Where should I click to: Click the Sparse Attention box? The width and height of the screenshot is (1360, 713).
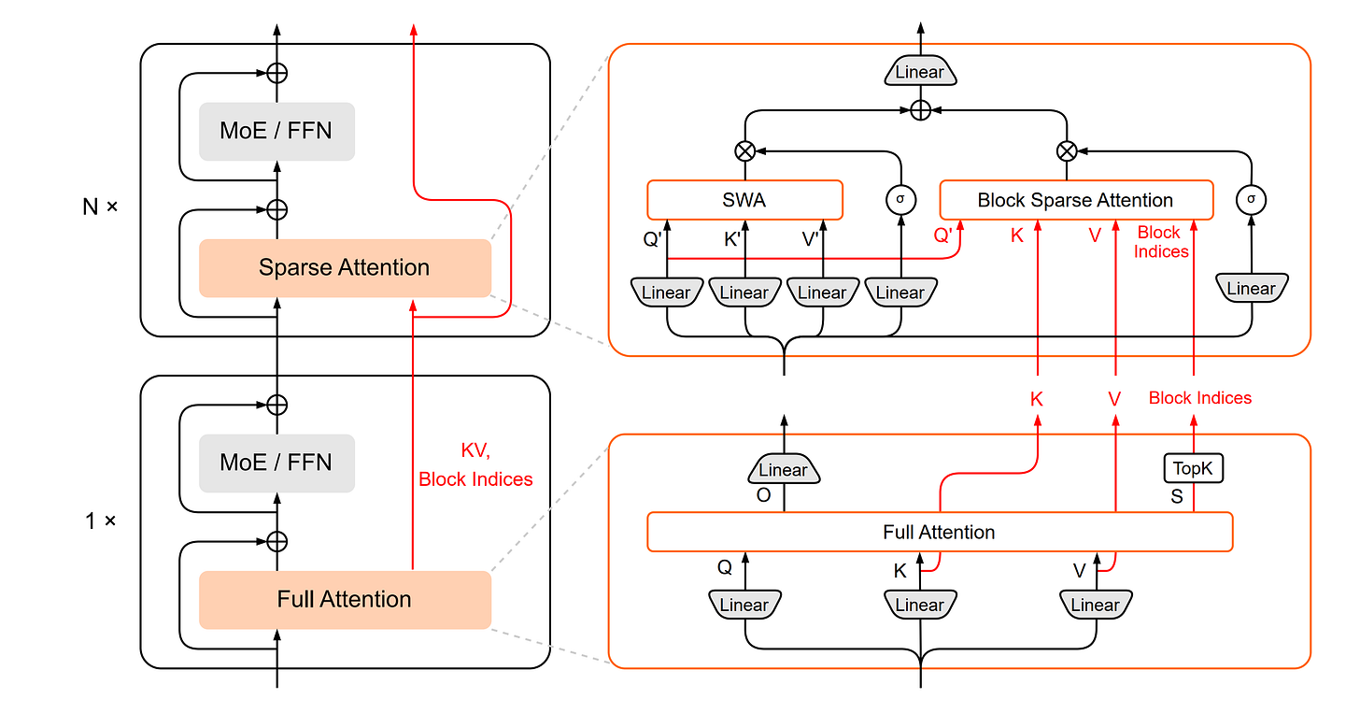pos(345,268)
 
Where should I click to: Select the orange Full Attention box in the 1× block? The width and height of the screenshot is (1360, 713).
pos(345,599)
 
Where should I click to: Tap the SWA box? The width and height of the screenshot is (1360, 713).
pos(744,200)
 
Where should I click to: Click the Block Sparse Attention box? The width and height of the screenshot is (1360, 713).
pos(1075,200)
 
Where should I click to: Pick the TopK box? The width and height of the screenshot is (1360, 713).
pos(1194,468)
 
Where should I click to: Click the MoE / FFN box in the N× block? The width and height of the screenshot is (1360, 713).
pos(276,131)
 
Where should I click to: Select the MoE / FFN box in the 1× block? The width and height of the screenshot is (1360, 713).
pos(276,463)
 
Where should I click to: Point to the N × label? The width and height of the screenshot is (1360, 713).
pos(100,207)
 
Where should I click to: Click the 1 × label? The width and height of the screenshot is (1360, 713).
pos(100,521)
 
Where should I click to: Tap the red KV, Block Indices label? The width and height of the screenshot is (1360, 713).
pos(475,465)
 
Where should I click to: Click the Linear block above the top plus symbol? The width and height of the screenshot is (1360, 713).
pos(920,73)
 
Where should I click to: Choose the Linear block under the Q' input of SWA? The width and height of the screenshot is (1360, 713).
pos(666,292)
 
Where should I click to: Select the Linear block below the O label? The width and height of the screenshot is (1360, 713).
pos(784,470)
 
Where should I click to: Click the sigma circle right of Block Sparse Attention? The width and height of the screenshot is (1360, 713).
pos(1250,198)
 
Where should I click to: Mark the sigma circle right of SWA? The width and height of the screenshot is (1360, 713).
pos(900,198)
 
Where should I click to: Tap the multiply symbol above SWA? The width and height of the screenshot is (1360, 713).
pos(745,150)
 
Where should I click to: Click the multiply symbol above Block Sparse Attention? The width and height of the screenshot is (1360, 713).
pos(1067,150)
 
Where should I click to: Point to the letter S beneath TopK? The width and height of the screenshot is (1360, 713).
pos(1177,497)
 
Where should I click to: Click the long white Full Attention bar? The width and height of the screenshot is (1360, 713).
pos(940,533)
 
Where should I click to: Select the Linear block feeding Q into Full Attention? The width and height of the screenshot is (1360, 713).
pos(744,605)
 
